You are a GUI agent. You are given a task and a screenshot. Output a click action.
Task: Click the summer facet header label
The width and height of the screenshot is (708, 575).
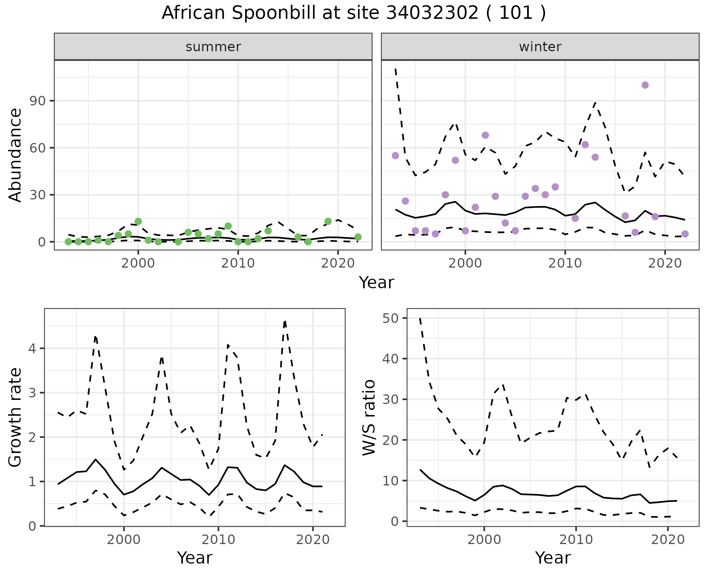coord(213,47)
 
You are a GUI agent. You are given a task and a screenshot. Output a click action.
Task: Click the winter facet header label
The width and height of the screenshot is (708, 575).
coord(540,47)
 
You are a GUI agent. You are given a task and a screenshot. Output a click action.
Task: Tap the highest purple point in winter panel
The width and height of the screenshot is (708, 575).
coord(645,85)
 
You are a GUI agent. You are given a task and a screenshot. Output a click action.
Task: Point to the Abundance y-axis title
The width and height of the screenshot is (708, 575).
coord(15,155)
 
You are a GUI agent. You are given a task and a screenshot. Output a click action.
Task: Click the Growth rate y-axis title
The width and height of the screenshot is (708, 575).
coord(15,417)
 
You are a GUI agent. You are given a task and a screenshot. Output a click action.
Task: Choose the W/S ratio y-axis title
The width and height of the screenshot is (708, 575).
coord(369,417)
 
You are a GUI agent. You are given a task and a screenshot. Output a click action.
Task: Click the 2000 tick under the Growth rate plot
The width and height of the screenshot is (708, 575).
coord(124,540)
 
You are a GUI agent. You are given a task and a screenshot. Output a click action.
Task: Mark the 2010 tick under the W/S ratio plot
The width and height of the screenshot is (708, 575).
coord(576,540)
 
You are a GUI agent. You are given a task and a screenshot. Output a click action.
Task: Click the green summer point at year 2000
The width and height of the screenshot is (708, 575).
coord(138,222)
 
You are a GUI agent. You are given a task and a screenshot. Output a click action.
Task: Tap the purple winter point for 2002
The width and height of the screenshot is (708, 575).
coord(485,135)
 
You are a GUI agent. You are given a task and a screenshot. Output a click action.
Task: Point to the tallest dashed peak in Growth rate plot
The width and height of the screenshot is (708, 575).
coord(285,321)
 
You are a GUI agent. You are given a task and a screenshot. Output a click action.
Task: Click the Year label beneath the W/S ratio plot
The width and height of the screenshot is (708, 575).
coord(553,558)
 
